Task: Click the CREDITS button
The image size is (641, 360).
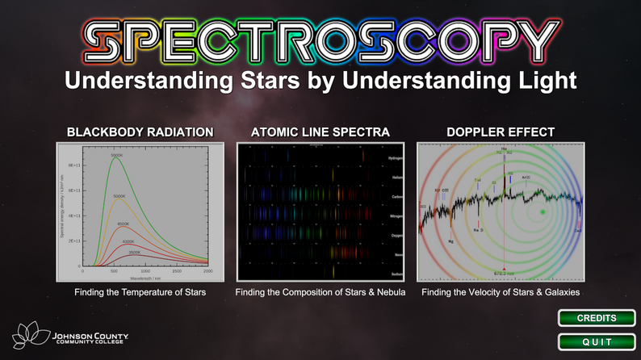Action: pos(596,318)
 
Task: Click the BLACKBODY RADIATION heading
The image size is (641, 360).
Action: pos(140,132)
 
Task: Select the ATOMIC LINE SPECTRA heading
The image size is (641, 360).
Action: pos(320,132)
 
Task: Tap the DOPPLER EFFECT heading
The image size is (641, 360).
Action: pos(501,132)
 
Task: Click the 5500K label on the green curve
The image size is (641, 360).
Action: pos(116,155)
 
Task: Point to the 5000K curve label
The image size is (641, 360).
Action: pos(119,196)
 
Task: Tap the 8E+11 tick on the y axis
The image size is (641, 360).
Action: pos(72,165)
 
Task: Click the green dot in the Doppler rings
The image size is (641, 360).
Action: pos(543,211)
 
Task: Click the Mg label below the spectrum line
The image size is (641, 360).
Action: pos(450,241)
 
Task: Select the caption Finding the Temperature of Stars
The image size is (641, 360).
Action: pos(140,292)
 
